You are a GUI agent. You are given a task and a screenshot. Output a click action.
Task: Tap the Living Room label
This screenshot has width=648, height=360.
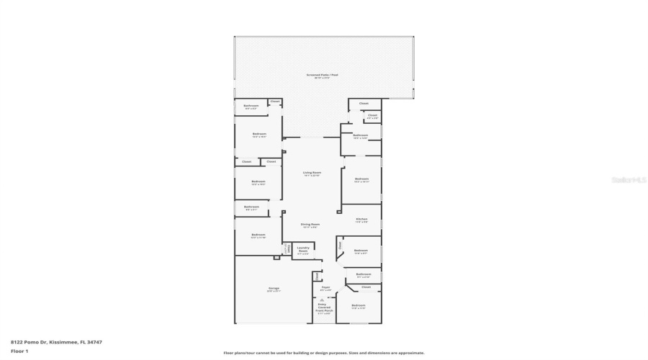tap(311, 173)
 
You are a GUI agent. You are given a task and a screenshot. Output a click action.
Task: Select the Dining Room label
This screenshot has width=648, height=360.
tap(310, 225)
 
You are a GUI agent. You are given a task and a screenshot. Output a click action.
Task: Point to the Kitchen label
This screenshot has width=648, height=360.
tap(361, 219)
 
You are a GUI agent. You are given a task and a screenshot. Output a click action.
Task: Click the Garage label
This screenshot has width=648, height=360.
tap(274, 289)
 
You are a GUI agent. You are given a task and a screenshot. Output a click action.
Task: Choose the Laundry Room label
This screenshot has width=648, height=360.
tap(303, 248)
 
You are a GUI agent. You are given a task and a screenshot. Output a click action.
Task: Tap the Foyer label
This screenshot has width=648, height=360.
tap(325, 287)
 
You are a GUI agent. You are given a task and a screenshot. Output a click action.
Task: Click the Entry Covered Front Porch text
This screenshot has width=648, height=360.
tap(325, 308)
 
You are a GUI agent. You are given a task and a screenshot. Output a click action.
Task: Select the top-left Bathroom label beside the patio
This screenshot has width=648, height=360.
tap(251, 106)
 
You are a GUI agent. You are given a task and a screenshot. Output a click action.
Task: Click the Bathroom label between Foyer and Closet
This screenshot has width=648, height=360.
tap(364, 274)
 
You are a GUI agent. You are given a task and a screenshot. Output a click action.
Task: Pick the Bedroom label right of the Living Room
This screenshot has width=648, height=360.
tap(361, 179)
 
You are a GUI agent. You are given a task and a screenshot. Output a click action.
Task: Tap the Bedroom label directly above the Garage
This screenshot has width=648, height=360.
tap(258, 235)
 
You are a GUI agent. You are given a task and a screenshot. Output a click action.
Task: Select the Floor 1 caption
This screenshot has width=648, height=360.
tap(19, 351)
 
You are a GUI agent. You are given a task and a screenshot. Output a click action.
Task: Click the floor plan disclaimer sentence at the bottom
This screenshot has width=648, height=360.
tap(324, 353)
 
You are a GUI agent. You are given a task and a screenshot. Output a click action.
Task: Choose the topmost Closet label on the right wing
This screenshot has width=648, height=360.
tap(364, 103)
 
